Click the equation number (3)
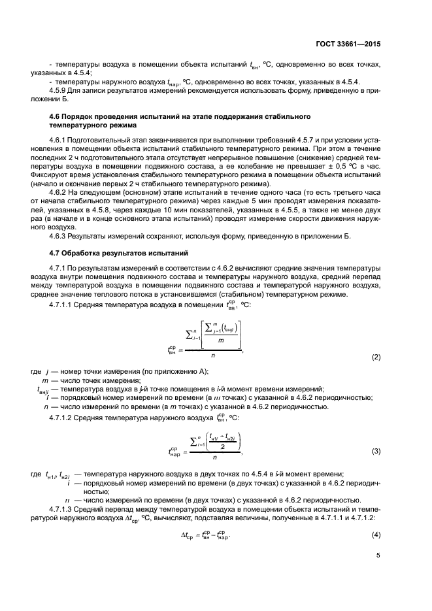pos(376,452)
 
